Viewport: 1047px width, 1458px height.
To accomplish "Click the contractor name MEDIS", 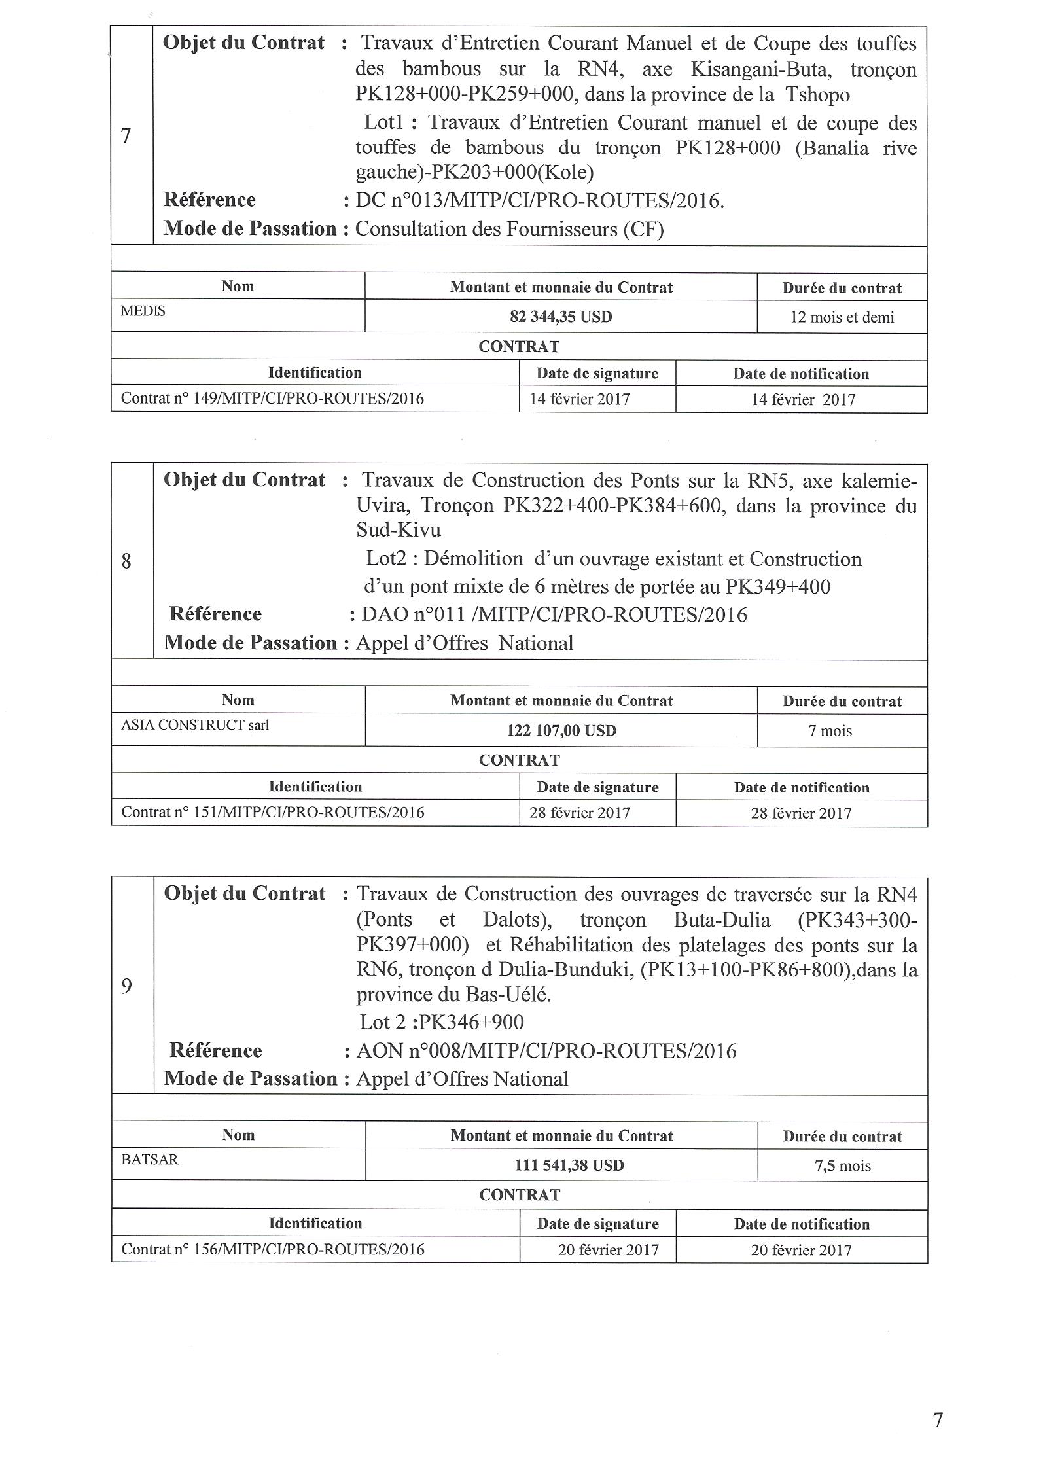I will pyautogui.click(x=143, y=311).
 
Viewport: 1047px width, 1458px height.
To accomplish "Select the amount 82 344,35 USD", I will pyautogui.click(x=561, y=317).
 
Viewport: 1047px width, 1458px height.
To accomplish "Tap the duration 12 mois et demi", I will pyautogui.click(x=842, y=317).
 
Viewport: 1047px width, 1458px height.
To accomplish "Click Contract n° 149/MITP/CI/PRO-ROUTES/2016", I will pyautogui.click(x=272, y=399).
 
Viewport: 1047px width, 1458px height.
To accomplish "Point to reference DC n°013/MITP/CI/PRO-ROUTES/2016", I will pyautogui.click(x=540, y=200).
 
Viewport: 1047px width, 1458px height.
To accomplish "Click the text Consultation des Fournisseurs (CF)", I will pyautogui.click(x=509, y=229).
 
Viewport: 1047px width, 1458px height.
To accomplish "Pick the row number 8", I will pyautogui.click(x=126, y=561).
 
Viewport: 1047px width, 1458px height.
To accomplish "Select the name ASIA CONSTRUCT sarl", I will pyautogui.click(x=195, y=724).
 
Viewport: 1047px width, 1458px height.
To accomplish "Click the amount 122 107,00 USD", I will pyautogui.click(x=561, y=730).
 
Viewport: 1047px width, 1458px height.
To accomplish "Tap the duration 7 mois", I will pyautogui.click(x=830, y=731).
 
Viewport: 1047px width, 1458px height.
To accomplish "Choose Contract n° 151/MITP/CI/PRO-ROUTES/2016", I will pyautogui.click(x=272, y=812).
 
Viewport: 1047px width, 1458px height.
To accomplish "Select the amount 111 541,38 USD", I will pyautogui.click(x=569, y=1165).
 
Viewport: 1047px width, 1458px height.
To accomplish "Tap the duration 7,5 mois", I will pyautogui.click(x=842, y=1165).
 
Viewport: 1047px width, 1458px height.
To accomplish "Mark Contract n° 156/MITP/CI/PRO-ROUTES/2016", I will pyautogui.click(x=272, y=1249).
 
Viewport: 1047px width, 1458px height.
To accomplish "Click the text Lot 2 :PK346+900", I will pyautogui.click(x=442, y=1022).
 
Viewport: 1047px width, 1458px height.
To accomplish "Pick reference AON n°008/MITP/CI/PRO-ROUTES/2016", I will pyautogui.click(x=546, y=1051).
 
